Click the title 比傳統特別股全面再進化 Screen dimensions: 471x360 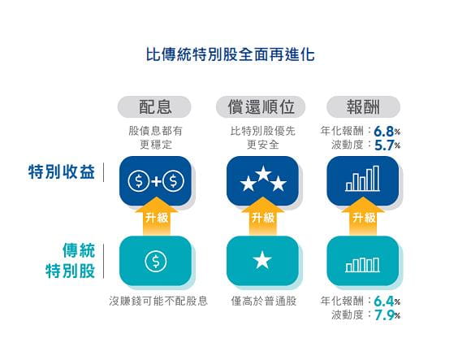(x=231, y=54)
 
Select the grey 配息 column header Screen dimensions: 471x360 (x=154, y=106)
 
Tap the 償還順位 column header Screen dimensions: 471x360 (x=261, y=106)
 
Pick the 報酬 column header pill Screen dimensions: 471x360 (x=363, y=106)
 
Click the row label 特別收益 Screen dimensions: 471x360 (x=62, y=172)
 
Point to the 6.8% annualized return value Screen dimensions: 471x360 (x=387, y=132)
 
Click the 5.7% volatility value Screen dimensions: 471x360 (x=387, y=145)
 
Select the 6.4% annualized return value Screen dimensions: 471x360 (x=387, y=301)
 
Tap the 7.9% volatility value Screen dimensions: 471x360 (x=387, y=315)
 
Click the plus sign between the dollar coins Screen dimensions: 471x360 (x=156, y=181)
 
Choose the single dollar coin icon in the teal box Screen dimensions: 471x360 (x=156, y=261)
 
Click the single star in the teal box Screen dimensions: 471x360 (x=262, y=260)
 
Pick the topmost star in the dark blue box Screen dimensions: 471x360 (x=263, y=173)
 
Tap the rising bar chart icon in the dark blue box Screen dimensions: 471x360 (x=362, y=179)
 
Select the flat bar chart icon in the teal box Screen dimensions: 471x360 (x=362, y=265)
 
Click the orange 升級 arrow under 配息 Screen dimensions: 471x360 (x=156, y=216)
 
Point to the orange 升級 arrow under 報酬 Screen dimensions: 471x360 (x=363, y=216)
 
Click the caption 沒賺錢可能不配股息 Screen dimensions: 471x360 (x=158, y=301)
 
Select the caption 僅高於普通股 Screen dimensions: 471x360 (x=263, y=301)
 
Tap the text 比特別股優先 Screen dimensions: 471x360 (x=263, y=131)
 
